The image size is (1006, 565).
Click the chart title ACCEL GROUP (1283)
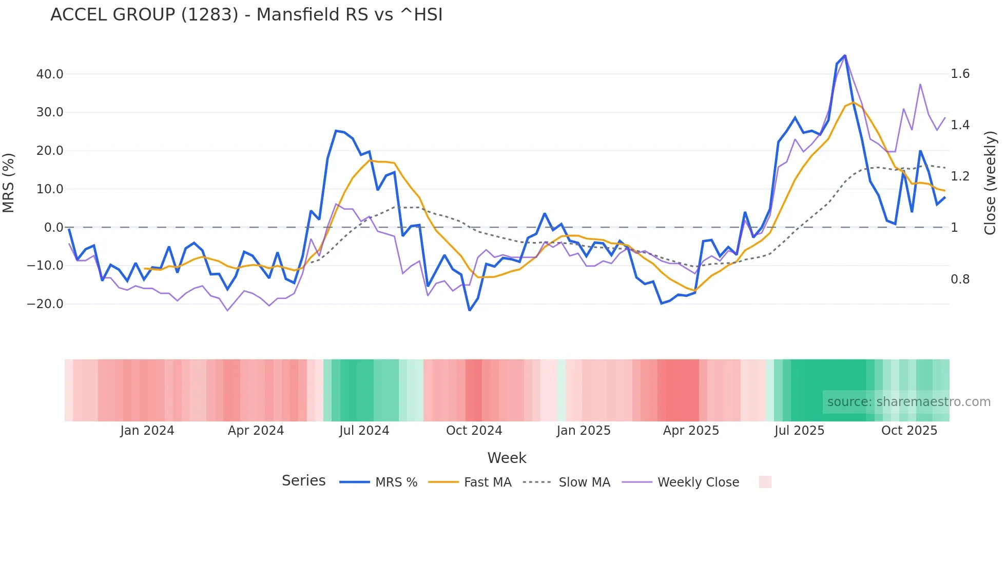click(x=246, y=14)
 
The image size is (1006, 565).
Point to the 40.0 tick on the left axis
click(x=50, y=74)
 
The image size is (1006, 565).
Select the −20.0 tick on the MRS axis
click(x=45, y=304)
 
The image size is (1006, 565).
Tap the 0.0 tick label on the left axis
click(x=53, y=227)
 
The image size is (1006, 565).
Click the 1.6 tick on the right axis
click(x=960, y=74)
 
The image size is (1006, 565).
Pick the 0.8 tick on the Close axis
click(x=960, y=279)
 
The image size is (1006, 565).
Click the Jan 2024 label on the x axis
click(x=147, y=431)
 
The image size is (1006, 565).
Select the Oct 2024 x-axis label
click(x=474, y=431)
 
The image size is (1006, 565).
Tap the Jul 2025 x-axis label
click(x=799, y=431)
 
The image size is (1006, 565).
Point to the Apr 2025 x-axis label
click(x=691, y=431)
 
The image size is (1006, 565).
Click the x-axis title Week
click(x=507, y=458)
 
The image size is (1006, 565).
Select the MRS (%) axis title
click(x=8, y=183)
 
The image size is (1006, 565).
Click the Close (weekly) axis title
click(x=990, y=183)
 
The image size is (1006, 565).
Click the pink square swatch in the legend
click(x=765, y=482)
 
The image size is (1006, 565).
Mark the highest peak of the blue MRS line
click(x=845, y=55)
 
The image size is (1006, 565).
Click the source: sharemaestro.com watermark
click(x=908, y=402)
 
